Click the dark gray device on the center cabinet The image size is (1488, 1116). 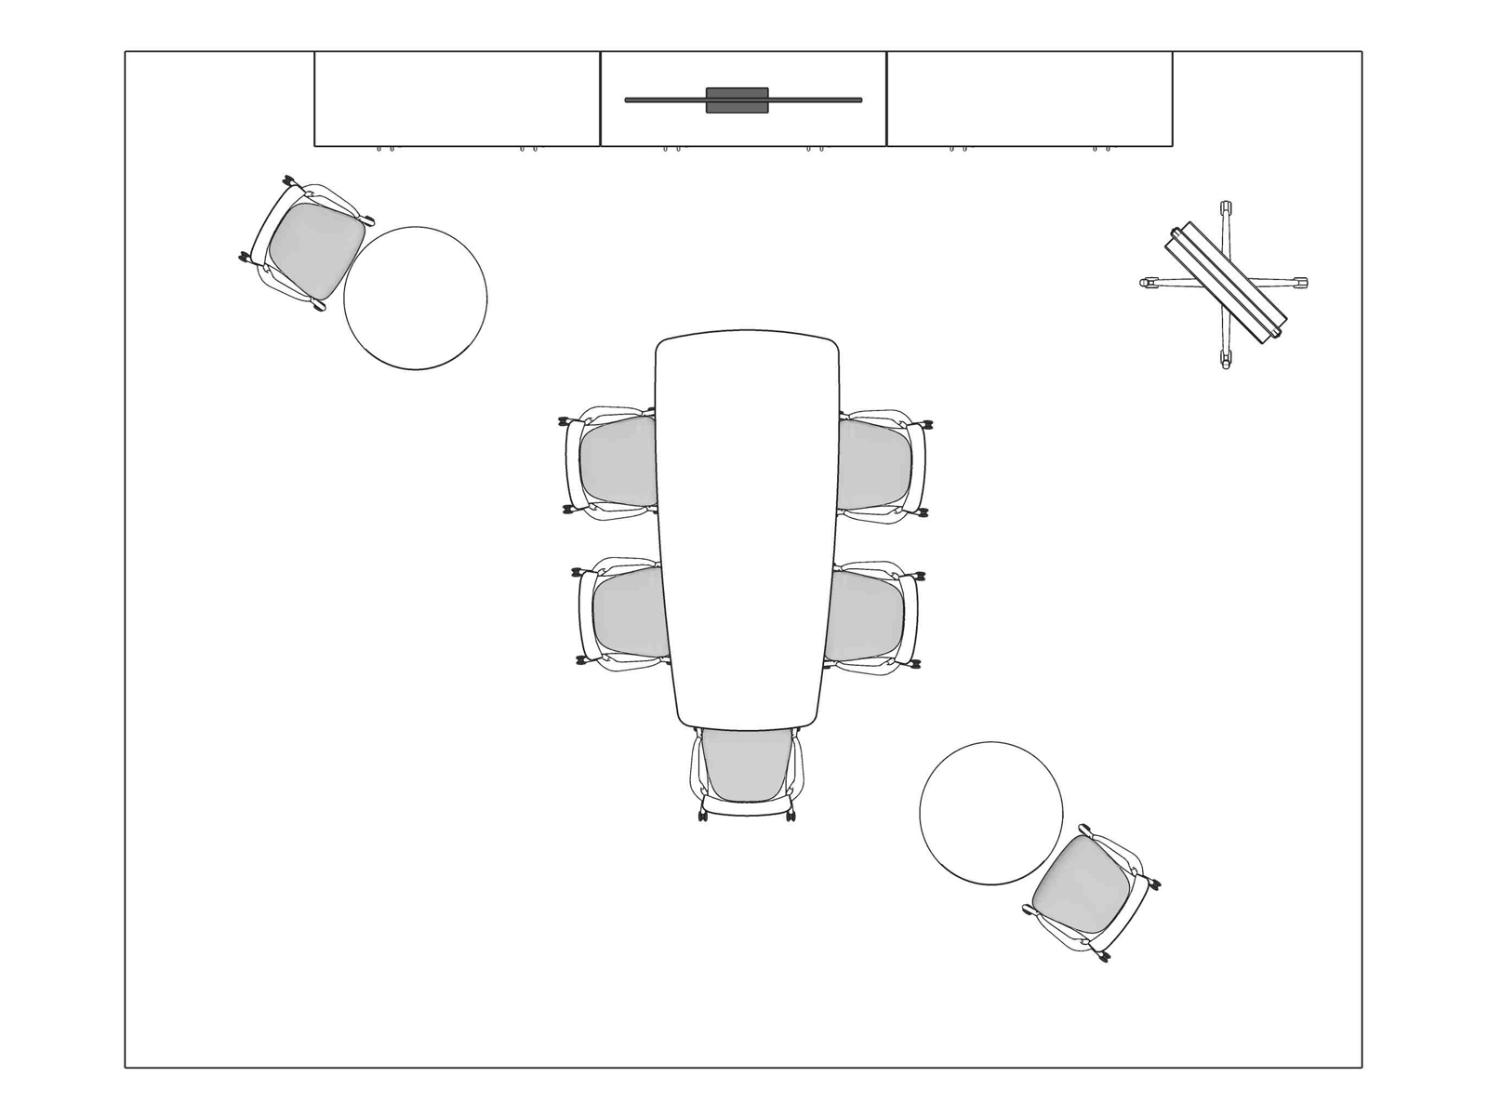[737, 100]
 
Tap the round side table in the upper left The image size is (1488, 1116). [416, 298]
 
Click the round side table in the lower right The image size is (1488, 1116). [990, 813]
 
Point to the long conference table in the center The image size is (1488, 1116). [746, 530]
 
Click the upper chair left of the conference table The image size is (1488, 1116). [614, 462]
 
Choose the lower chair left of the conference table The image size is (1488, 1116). [625, 614]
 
